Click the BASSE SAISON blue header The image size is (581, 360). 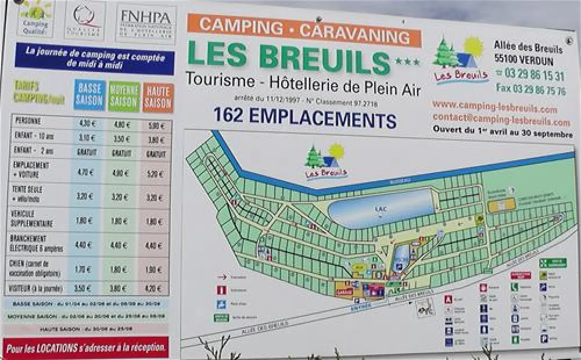click(89, 95)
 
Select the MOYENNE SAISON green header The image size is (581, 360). click(124, 96)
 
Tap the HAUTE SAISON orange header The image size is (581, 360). click(158, 98)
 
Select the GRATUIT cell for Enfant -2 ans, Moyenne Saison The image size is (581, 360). click(120, 153)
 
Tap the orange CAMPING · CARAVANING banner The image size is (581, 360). click(304, 30)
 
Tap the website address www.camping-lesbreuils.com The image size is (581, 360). click(494, 107)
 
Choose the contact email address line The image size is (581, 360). click(501, 120)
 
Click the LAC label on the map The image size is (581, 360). click(381, 207)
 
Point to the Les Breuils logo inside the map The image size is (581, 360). click(325, 161)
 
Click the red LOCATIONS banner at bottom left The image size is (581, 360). click(85, 348)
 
